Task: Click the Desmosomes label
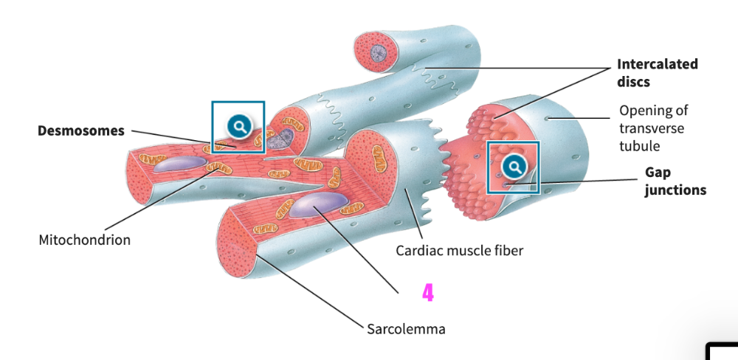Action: (x=81, y=131)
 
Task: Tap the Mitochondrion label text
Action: (x=84, y=240)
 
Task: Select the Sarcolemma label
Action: (x=406, y=328)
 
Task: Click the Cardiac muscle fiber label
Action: (x=459, y=251)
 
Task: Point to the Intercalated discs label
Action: (x=657, y=72)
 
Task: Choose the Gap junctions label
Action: (x=675, y=181)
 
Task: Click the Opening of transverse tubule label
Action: (x=652, y=128)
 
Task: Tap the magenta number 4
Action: (x=428, y=294)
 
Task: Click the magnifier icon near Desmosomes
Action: (x=238, y=126)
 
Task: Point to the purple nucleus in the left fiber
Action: (x=180, y=165)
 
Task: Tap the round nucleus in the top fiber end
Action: (x=378, y=52)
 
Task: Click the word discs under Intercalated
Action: (x=633, y=81)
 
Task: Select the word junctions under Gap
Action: (x=675, y=190)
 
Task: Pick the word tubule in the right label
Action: (x=639, y=145)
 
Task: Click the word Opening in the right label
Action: (x=644, y=111)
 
